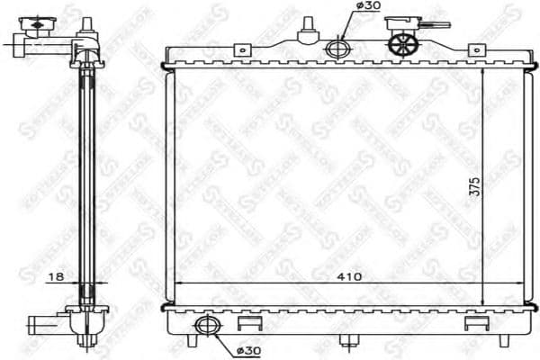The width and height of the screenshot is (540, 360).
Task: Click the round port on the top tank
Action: (x=337, y=49)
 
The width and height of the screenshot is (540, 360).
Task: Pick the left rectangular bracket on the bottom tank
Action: (x=249, y=323)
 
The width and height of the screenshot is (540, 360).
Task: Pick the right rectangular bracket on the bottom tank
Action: (x=472, y=323)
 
